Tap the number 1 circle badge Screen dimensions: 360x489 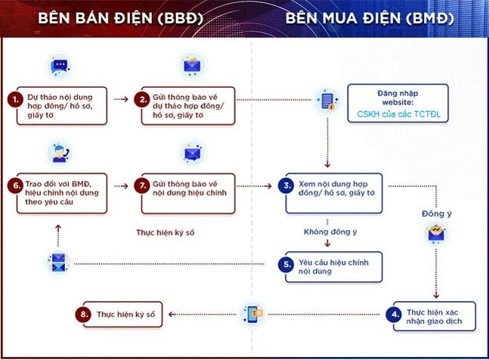click(14, 99)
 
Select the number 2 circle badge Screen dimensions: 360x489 click(141, 99)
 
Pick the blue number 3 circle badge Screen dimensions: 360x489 click(286, 185)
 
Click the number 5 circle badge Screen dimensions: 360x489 click(286, 265)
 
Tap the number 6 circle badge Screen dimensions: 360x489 click(14, 185)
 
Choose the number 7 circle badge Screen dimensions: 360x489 click(141, 185)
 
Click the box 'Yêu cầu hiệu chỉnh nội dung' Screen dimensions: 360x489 click(333, 266)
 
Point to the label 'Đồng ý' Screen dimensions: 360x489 click(436, 213)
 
